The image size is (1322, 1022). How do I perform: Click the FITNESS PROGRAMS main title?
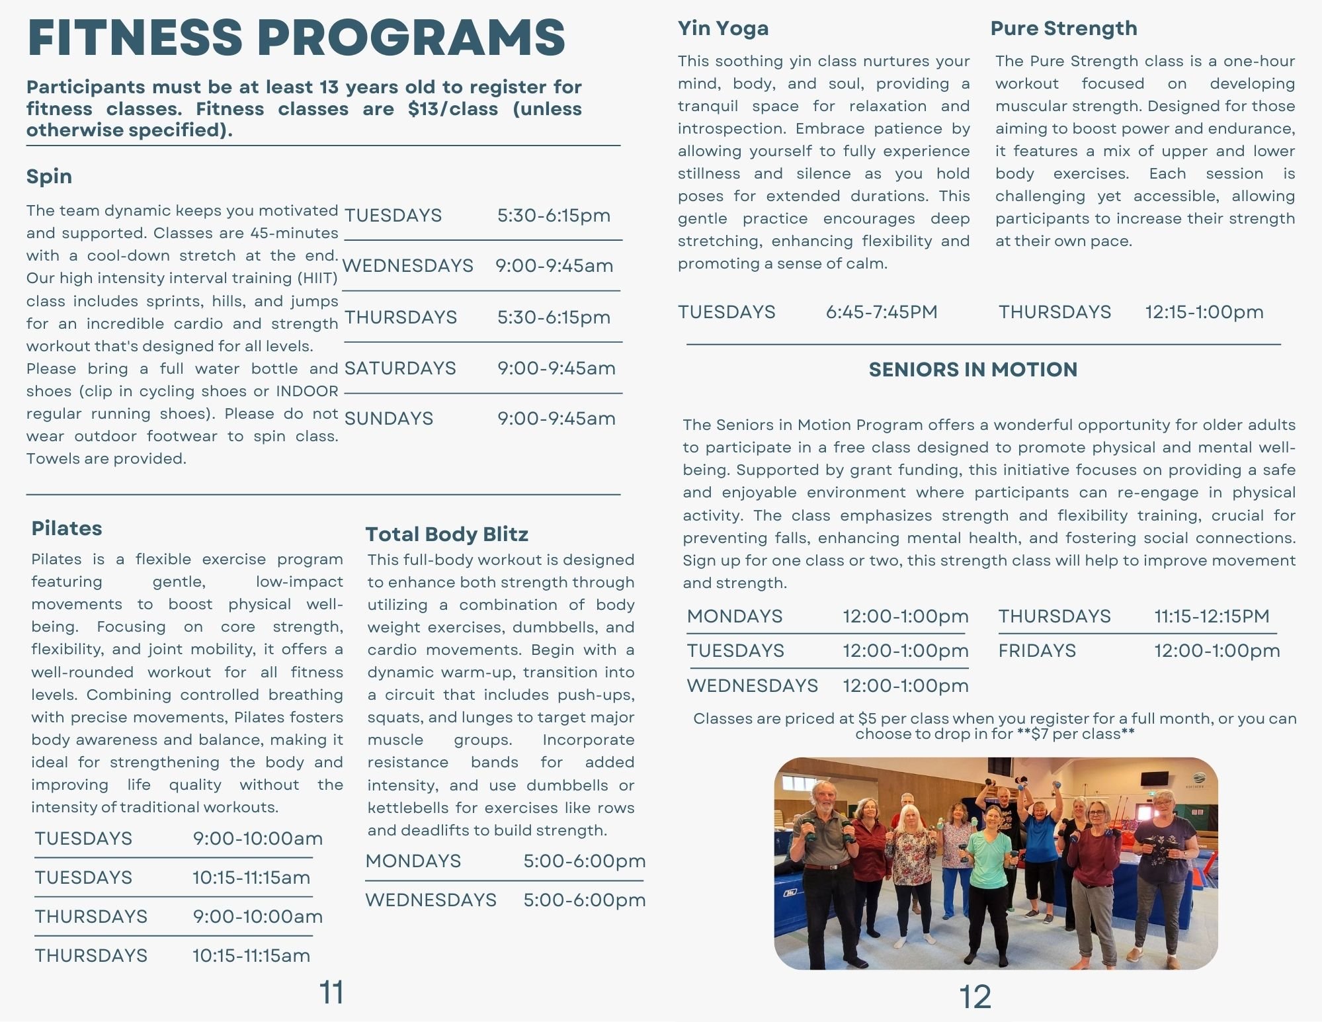click(x=296, y=37)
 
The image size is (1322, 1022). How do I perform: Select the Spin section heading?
click(x=49, y=177)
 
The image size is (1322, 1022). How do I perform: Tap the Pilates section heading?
click(x=67, y=529)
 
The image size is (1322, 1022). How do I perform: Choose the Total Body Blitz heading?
click(x=446, y=534)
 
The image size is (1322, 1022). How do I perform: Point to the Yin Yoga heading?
click(x=723, y=28)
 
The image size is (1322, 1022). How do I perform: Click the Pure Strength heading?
click(x=1063, y=28)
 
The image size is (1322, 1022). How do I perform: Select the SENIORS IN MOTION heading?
click(x=973, y=370)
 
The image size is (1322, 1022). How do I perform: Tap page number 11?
click(x=331, y=993)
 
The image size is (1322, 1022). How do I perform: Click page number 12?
click(x=975, y=997)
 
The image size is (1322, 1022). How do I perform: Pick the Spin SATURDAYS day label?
click(x=400, y=368)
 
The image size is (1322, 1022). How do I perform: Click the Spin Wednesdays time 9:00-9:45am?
click(x=554, y=266)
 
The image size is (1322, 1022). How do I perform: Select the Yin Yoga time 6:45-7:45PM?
click(x=882, y=312)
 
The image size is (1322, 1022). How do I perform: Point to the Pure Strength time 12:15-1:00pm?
click(x=1204, y=312)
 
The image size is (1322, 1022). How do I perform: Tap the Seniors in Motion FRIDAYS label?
click(x=1037, y=651)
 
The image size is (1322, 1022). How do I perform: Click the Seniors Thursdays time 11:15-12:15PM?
click(x=1212, y=617)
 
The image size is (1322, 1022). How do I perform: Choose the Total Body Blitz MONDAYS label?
click(x=413, y=861)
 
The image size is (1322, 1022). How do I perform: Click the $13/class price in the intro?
click(x=453, y=109)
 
